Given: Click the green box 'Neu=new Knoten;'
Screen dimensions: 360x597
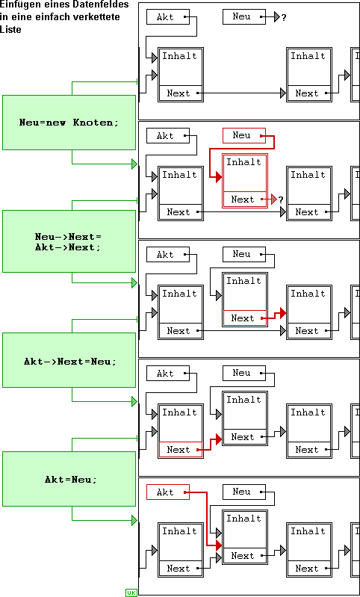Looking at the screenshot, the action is pyautogui.click(x=69, y=123).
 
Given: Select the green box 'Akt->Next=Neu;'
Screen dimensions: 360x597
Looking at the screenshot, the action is pyautogui.click(x=69, y=360).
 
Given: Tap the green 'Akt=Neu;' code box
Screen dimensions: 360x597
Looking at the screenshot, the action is pyautogui.click(x=69, y=479).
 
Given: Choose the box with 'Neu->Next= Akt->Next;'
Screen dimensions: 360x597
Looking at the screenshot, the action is pyautogui.click(x=69, y=241).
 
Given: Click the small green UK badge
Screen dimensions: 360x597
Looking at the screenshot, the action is pyautogui.click(x=131, y=593).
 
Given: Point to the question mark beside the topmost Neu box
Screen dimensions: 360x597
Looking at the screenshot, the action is pyautogui.click(x=284, y=17).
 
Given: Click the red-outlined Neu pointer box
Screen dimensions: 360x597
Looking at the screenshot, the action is pyautogui.click(x=244, y=135).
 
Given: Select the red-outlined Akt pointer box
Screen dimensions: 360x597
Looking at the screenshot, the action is pyautogui.click(x=168, y=492).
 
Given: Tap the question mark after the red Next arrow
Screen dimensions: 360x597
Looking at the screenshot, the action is pyautogui.click(x=281, y=199).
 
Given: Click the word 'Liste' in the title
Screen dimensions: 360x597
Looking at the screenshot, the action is pyautogui.click(x=10, y=29).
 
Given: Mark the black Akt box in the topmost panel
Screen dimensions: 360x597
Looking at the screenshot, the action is pyautogui.click(x=168, y=16).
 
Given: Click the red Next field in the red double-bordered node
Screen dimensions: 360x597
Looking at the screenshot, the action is pyautogui.click(x=245, y=199).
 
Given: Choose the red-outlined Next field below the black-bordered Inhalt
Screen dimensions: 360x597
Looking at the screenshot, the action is pyautogui.click(x=181, y=449).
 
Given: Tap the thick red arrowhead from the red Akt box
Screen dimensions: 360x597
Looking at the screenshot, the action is pyautogui.click(x=218, y=545).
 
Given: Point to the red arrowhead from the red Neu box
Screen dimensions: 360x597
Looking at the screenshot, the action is pyautogui.click(x=218, y=177).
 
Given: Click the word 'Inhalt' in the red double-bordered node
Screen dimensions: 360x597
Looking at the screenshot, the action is pyautogui.click(x=244, y=162).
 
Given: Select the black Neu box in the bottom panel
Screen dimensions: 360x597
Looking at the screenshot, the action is pyautogui.click(x=244, y=492).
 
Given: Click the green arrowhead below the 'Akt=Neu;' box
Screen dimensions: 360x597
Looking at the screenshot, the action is pyautogui.click(x=134, y=520).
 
